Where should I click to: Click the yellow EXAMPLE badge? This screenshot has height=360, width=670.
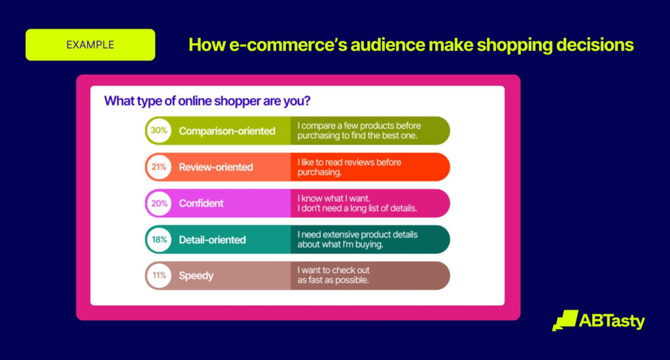(90, 45)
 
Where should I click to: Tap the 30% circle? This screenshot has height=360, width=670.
(159, 130)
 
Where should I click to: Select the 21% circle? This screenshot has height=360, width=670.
(159, 167)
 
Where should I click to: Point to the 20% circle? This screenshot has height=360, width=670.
(159, 203)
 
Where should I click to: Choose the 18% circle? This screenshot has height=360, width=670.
(159, 240)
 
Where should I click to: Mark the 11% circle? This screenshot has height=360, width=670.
(159, 276)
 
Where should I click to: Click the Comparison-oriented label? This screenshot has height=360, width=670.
(227, 131)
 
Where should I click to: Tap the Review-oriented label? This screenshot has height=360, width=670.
(216, 167)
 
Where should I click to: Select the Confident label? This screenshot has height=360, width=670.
(202, 203)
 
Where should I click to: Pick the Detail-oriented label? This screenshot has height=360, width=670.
(213, 240)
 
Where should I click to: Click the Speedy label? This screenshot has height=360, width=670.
(196, 276)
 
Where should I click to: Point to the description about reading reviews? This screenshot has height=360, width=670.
(349, 167)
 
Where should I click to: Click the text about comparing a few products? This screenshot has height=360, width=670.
(359, 130)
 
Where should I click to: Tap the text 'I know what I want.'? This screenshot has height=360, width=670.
(334, 198)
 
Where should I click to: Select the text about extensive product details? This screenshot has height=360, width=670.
(358, 240)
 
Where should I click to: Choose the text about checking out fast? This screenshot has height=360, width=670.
(334, 276)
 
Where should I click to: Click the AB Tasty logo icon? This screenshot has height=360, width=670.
(565, 320)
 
